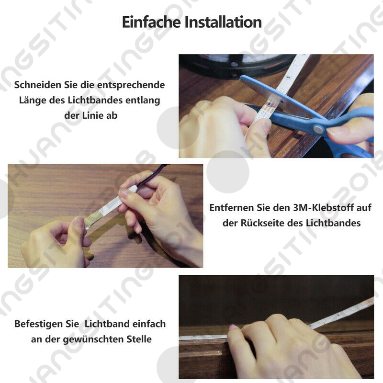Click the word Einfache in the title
click(x=151, y=22)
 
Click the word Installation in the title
click(x=223, y=22)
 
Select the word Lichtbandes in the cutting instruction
click(x=95, y=100)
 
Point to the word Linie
click(x=93, y=115)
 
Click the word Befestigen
click(x=39, y=324)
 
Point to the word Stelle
click(x=139, y=339)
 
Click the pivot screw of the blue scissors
click(x=318, y=129)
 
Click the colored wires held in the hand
click(x=152, y=175)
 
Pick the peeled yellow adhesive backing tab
click(x=93, y=219)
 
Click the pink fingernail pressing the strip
click(x=233, y=327)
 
